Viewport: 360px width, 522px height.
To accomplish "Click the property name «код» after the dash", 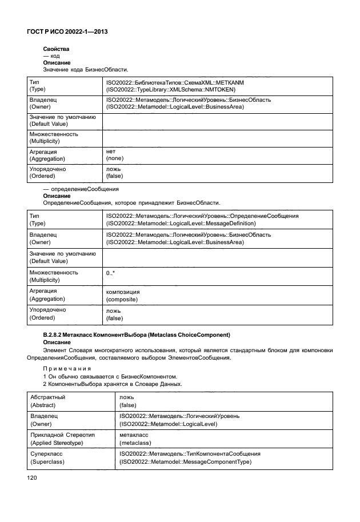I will [55, 56].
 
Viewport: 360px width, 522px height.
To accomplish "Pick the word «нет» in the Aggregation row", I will [111, 152].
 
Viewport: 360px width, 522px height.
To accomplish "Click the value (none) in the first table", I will [115, 158].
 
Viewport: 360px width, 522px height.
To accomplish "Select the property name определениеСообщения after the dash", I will [86, 189].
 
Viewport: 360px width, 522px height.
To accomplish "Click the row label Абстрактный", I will [47, 397].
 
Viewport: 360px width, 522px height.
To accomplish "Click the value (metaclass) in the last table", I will [135, 442].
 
